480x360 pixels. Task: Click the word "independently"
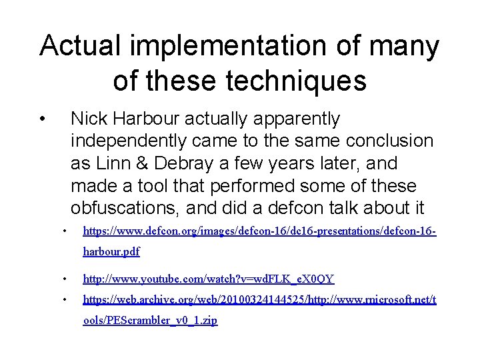[128, 141]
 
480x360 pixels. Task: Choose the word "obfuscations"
[126, 208]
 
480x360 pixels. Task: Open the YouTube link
[208, 279]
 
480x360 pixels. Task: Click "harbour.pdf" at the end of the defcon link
[111, 252]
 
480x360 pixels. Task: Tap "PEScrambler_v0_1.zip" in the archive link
[150, 321]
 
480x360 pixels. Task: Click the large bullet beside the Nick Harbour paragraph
[42, 120]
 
